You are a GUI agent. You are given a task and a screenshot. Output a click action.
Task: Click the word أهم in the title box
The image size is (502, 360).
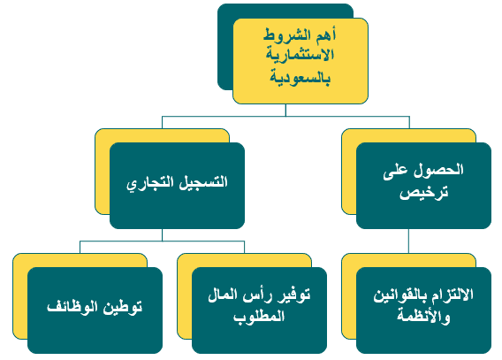tap(326, 34)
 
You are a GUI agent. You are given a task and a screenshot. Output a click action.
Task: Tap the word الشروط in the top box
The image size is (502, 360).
tap(289, 34)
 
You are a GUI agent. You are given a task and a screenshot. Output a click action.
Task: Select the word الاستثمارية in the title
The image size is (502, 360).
tap(300, 55)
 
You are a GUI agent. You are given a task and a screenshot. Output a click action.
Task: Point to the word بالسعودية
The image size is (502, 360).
tap(300, 78)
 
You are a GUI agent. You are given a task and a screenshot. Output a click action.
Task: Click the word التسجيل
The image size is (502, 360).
tap(203, 182)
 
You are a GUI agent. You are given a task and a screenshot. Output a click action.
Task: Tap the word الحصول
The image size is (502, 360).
tap(438, 170)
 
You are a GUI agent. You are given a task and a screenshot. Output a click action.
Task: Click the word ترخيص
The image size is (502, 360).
tap(424, 193)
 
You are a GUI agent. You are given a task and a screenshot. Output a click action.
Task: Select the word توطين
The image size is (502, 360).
tap(122, 307)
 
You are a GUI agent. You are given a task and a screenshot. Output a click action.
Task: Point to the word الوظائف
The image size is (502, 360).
tap(72, 307)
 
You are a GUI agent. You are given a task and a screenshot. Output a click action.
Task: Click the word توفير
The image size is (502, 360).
tap(293, 295)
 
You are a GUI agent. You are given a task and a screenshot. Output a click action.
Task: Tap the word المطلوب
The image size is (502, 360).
tap(259, 317)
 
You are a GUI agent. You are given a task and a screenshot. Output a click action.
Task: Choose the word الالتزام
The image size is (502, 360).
tap(452, 295)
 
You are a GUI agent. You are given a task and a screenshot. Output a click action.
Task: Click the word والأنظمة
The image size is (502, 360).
tap(424, 317)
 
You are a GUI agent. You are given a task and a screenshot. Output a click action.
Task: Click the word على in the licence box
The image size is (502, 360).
tap(395, 172)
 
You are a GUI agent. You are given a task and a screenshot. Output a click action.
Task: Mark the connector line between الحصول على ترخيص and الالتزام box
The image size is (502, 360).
tap(408, 241)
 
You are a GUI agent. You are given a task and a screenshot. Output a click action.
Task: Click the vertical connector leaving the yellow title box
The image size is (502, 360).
tap(285, 110)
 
